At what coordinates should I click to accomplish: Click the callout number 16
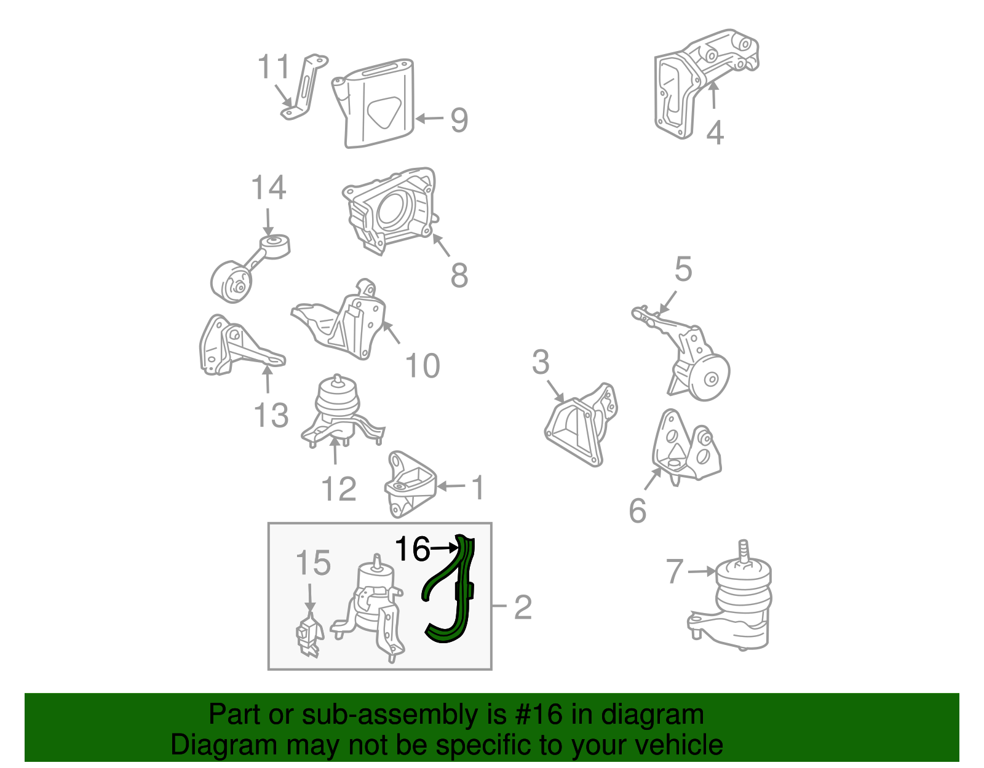click(412, 549)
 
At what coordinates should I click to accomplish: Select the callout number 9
click(459, 121)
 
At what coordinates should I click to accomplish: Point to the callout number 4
click(715, 133)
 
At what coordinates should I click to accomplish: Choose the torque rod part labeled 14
click(249, 268)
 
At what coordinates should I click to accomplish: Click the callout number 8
click(459, 275)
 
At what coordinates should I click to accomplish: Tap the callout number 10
click(423, 366)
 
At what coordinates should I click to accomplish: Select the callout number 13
click(271, 416)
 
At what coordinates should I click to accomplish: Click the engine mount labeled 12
click(342, 412)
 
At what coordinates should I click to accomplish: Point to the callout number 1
click(478, 488)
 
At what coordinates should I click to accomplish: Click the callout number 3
click(541, 362)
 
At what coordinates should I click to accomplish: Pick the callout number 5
click(683, 269)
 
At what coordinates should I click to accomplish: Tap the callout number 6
click(638, 510)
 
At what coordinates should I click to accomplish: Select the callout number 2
click(523, 608)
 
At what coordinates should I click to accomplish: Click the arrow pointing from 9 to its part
click(429, 119)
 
